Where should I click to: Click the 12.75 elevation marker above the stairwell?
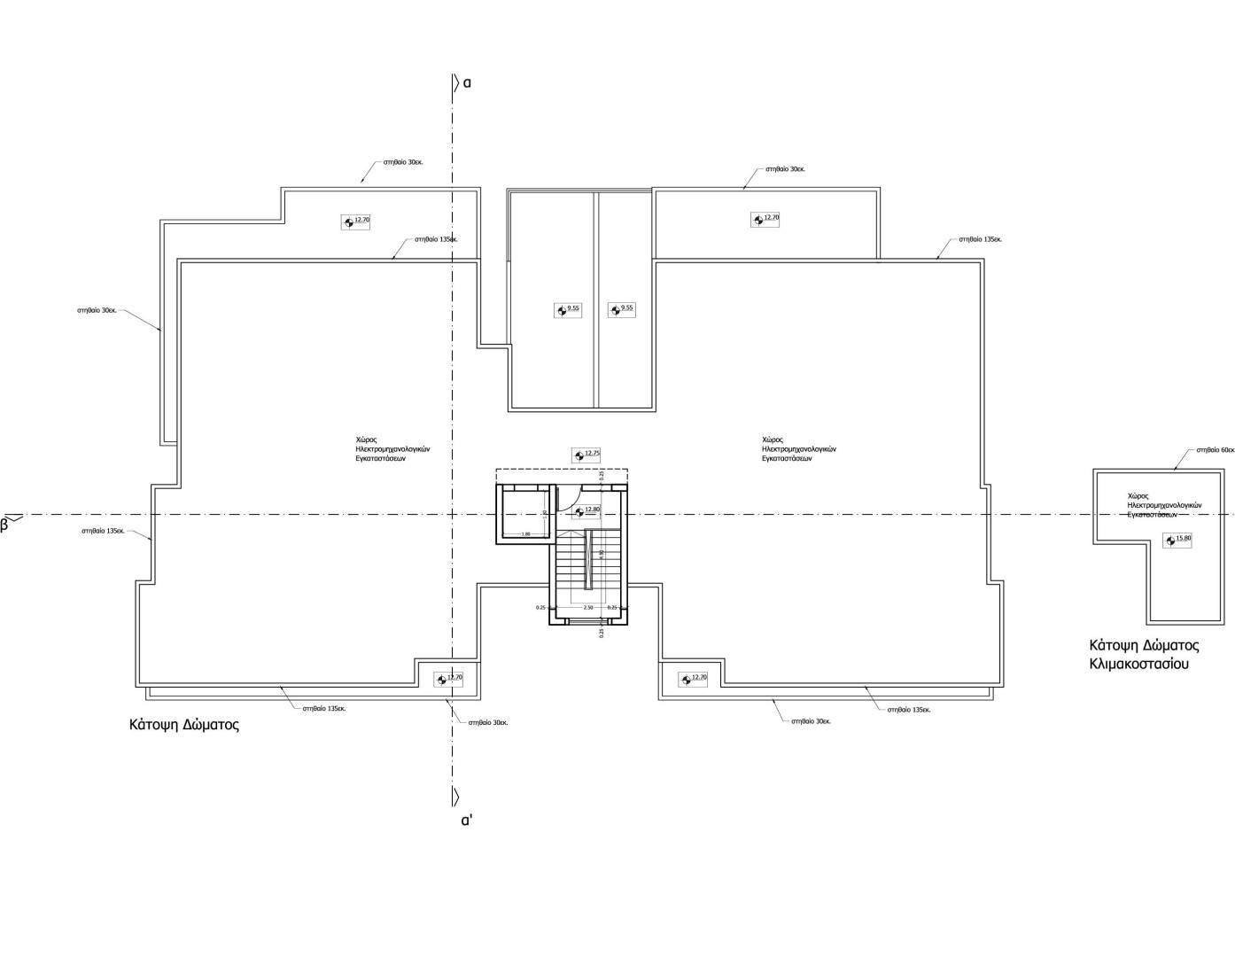[x=586, y=455]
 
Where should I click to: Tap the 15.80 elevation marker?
[x=1177, y=539]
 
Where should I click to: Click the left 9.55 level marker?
[x=568, y=309]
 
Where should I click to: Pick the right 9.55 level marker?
[x=621, y=309]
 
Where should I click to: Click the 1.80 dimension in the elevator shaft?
[x=525, y=533]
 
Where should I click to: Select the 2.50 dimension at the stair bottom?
[x=587, y=608]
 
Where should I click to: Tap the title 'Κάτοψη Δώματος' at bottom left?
[x=184, y=724]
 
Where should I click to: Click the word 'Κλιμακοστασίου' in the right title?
[x=1138, y=663]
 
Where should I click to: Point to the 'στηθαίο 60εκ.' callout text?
[x=1215, y=449]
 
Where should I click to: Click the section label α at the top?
[x=467, y=82]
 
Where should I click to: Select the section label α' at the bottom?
[x=467, y=820]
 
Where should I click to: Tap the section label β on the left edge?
[x=4, y=524]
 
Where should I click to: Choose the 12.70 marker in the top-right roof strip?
[x=765, y=219]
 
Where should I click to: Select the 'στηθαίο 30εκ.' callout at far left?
[x=97, y=310]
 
